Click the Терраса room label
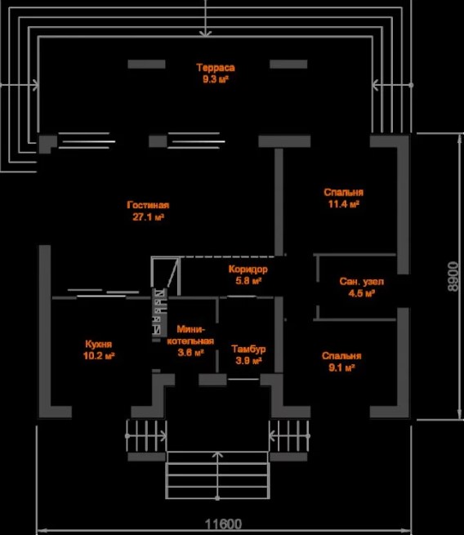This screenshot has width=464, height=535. pos(216,68)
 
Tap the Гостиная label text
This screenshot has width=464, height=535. pos(148,205)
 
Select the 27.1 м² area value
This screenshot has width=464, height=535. pos(149,217)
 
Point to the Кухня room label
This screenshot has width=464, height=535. pos(99,344)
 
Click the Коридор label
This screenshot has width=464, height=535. pos(248,270)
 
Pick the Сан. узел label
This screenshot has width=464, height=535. pos(362,282)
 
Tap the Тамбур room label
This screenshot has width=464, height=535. pos(248,349)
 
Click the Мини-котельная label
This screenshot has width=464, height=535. pos(190,336)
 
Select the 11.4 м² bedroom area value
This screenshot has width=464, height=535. pos(344,204)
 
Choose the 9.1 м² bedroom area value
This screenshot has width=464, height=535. pos(341,368)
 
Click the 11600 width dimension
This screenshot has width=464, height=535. pos(224,524)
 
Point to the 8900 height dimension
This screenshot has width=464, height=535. pos(453,276)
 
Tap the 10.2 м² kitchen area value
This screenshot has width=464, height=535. pos(99,356)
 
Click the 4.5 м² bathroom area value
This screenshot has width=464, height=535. pos(362,293)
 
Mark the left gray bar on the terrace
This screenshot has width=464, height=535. pos(147,65)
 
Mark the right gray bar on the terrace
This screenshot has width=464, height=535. pos(288,65)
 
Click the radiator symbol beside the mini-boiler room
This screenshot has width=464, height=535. pos(159,312)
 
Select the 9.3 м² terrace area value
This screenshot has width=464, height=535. pos(216,79)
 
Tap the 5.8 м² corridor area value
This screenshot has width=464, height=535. pos(248,281)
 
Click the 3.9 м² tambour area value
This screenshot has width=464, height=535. pos(248,361)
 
